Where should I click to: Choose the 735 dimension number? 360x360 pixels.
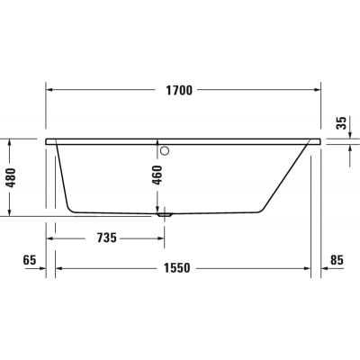pos(105,238)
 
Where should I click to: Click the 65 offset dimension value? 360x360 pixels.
pos(29,261)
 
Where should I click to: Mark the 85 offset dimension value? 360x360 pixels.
pos(337,261)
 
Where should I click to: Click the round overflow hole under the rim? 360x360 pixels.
pos(163,149)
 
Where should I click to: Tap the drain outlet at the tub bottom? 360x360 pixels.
pos(163,214)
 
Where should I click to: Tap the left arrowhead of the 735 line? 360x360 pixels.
pos(51,238)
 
